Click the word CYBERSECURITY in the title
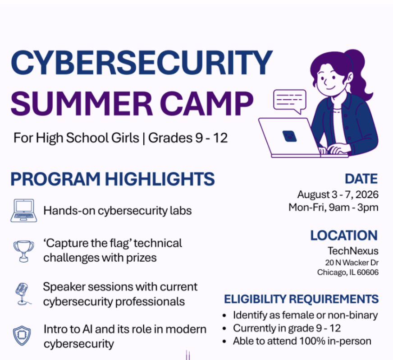point(142,63)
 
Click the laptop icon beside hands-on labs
point(23,211)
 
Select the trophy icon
point(23,251)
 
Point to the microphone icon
point(23,294)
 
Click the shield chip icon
point(22,336)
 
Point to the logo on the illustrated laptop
point(289,136)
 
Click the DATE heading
point(361,179)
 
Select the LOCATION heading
point(344,235)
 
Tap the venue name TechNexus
point(353,251)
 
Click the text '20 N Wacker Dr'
point(352,263)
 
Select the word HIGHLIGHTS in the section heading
point(160,179)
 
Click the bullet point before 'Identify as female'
point(224,316)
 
